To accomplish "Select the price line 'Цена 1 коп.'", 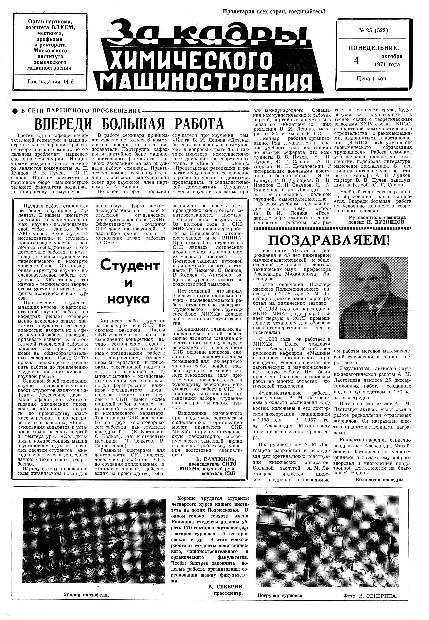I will [372, 78].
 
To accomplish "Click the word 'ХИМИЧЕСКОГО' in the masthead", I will [190, 58].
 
